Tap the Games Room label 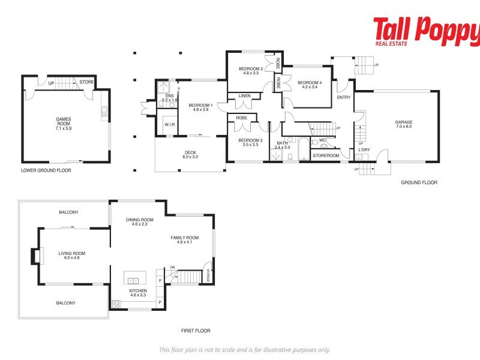pos(63,123)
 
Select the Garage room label pos(403,124)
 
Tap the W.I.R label pos(169,124)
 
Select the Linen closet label pos(244,96)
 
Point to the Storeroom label pos(326,156)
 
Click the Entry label pos(344,97)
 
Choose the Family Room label pos(188,240)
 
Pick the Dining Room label pos(139,222)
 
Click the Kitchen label pos(137,293)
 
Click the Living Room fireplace pos(35,256)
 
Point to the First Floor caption pos(196,331)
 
